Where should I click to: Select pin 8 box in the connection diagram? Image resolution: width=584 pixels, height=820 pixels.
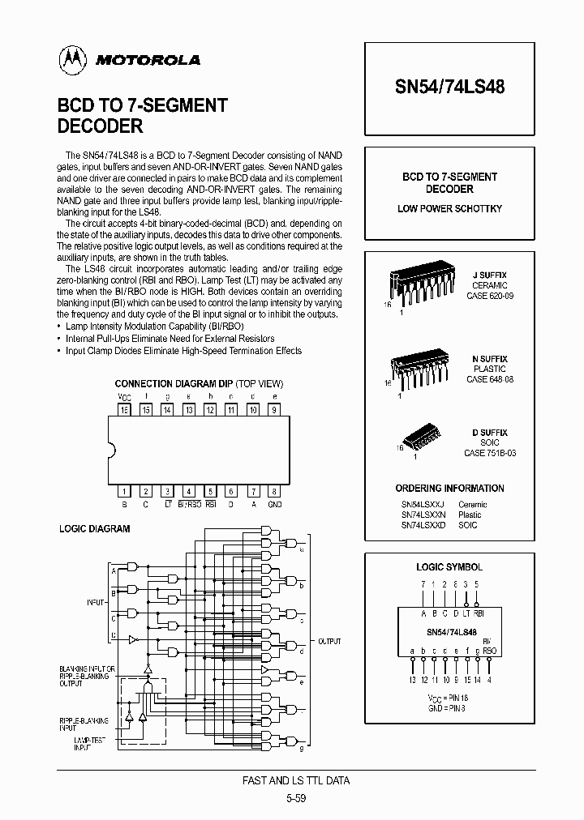[275, 491]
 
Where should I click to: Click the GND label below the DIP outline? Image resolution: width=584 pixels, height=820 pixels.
[275, 504]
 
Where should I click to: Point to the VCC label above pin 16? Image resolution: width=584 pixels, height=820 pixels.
[124, 396]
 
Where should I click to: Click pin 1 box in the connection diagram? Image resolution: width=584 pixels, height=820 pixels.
[125, 491]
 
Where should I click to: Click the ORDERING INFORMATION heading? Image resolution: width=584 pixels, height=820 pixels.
[449, 489]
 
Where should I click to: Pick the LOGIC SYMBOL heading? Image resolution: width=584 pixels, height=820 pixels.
[449, 567]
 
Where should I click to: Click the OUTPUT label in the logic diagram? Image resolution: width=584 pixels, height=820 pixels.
[329, 641]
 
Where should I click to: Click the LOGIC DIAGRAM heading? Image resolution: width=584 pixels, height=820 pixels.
[95, 529]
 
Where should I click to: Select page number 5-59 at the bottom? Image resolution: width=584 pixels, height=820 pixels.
[297, 798]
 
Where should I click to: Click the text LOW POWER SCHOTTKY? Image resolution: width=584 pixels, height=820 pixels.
[449, 209]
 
